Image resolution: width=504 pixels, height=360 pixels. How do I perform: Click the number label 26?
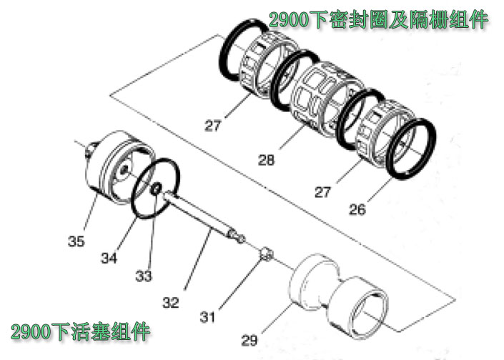tap(358, 209)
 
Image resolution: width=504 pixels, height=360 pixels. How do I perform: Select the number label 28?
tap(266, 161)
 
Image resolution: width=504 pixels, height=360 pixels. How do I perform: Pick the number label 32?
tap(170, 302)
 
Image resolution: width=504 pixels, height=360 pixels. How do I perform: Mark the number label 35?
tap(76, 241)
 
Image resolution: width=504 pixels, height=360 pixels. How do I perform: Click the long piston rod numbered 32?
tap(200, 215)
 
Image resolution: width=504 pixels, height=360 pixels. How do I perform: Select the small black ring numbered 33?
tap(153, 189)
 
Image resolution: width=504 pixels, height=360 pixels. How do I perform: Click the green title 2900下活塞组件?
tap(80, 332)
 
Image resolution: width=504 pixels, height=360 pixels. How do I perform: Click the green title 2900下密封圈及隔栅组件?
tap(378, 20)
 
